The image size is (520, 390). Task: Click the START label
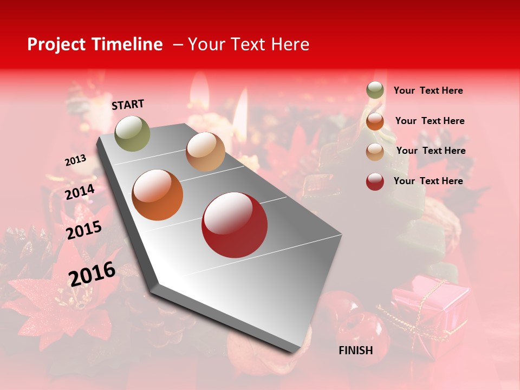pos(128,105)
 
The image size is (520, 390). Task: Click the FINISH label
pos(355,350)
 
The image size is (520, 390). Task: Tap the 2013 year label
pos(75,160)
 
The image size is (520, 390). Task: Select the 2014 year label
pos(80,192)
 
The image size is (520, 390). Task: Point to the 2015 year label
pos(84,230)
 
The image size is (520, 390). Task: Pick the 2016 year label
pos(92,274)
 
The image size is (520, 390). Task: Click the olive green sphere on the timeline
pos(133,133)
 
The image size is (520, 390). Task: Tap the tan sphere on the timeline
pos(205,152)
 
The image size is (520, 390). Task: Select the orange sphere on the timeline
pos(158,195)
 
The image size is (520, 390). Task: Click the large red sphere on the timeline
pos(235,225)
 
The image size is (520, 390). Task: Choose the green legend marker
pos(375,90)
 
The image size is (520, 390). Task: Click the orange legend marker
pos(375,121)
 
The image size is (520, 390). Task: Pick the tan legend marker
pos(375,151)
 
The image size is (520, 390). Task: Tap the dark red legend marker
pos(375,181)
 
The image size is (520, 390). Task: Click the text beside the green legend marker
pos(428,90)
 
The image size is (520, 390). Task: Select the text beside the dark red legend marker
pos(428,181)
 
